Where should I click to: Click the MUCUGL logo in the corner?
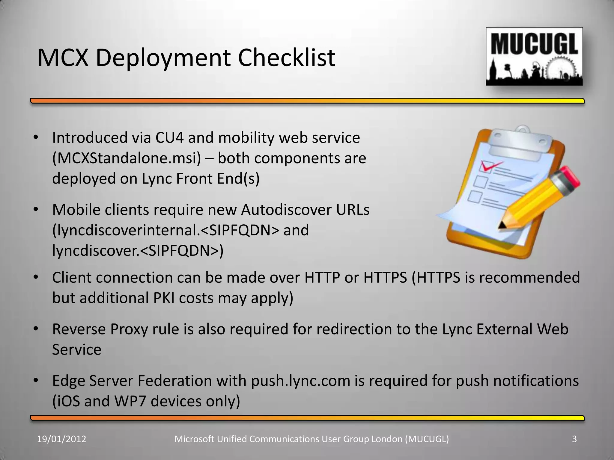(534, 56)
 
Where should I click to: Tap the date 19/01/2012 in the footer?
(61, 439)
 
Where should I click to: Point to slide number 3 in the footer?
(574, 439)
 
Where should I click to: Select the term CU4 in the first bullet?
(168, 138)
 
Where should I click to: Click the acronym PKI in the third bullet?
(164, 298)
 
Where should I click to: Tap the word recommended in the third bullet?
(529, 277)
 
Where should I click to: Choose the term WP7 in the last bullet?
(130, 401)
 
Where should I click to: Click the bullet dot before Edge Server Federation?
(36, 380)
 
